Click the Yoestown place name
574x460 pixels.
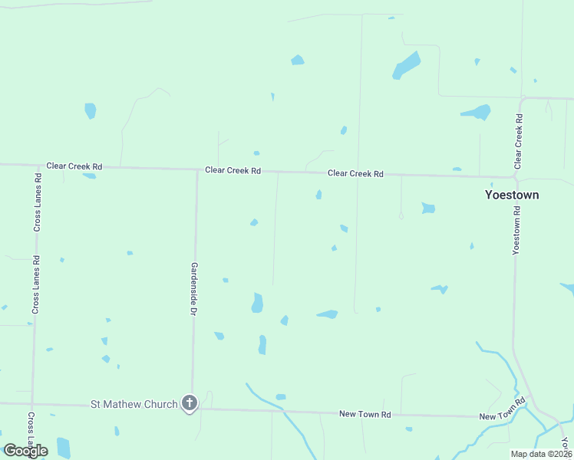point(512,195)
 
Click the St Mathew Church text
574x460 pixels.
point(134,403)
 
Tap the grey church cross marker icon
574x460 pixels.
point(190,403)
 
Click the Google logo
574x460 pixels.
point(25,451)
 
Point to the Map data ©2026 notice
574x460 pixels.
point(540,454)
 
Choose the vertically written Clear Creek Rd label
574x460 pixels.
point(519,142)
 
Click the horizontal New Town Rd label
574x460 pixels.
point(365,414)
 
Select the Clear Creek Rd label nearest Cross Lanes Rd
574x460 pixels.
point(74,166)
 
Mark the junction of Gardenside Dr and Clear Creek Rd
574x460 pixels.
point(197,169)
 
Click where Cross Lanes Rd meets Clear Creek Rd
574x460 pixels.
point(38,165)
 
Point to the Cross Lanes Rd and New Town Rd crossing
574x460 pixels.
point(32,403)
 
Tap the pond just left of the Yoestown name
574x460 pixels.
point(428,208)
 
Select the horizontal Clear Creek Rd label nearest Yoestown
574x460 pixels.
point(355,173)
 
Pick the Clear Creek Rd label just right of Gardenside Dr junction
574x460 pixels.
point(233,170)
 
